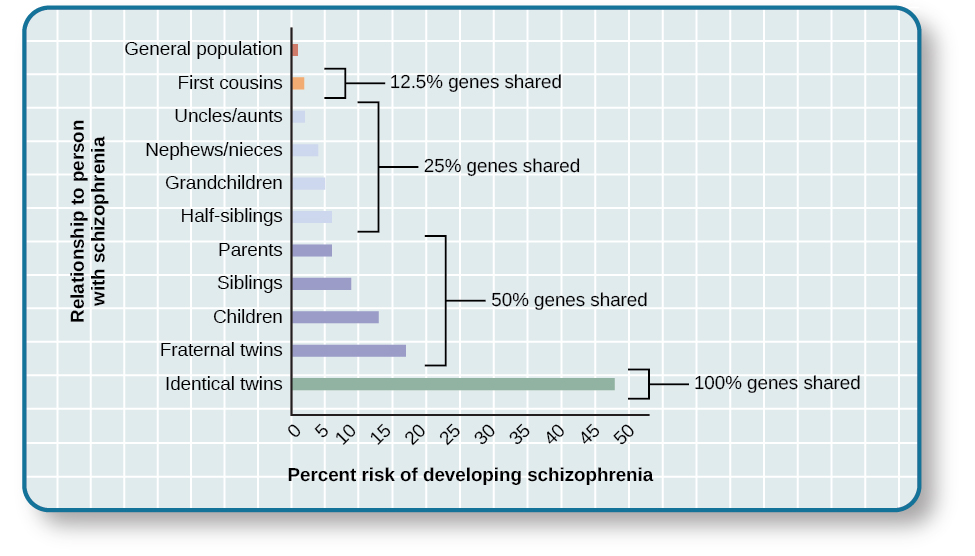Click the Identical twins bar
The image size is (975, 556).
453,384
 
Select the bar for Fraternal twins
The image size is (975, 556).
349,351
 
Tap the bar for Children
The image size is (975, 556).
335,317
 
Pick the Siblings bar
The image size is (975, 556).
321,284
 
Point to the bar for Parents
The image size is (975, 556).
312,250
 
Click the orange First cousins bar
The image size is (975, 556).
298,83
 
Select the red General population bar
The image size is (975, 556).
295,49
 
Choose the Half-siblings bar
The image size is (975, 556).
312,217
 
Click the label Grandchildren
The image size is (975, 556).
224,183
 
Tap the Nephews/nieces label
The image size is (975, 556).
214,150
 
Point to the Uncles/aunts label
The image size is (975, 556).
228,116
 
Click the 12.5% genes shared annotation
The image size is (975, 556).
475,82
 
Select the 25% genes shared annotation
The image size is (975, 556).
502,166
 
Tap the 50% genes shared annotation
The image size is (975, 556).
569,300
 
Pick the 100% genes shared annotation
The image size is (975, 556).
777,383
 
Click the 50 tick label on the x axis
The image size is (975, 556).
626,434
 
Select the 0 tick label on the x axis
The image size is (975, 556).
294,431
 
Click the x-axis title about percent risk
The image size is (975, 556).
470,475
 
